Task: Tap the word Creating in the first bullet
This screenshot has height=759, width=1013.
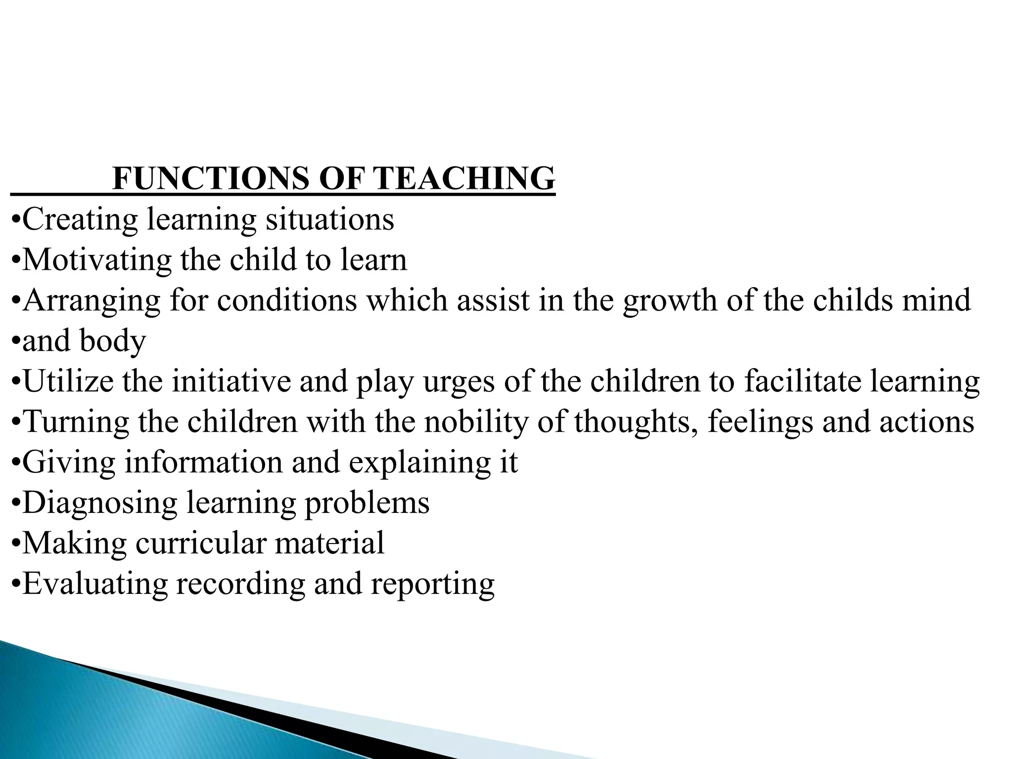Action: (x=80, y=220)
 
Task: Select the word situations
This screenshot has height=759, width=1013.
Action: (x=330, y=219)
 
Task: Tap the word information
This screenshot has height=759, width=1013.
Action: (x=203, y=463)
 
